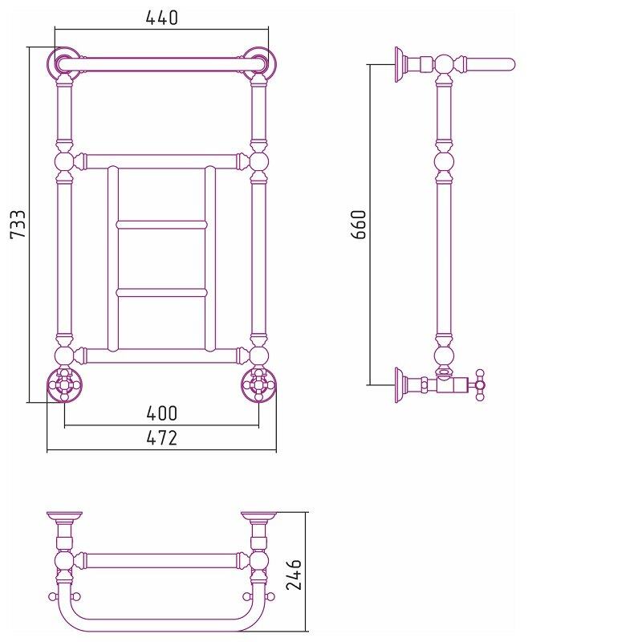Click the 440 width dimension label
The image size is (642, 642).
tap(162, 18)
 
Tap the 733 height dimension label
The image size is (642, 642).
tap(18, 224)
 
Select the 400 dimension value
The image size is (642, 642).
tap(162, 413)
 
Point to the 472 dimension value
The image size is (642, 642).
tap(162, 438)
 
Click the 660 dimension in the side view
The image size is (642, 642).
tap(358, 224)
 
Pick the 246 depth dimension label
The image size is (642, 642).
tap(294, 575)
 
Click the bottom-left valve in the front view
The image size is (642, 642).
tap(64, 385)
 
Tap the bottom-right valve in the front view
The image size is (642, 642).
tap(258, 385)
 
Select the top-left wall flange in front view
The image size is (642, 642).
tap(63, 63)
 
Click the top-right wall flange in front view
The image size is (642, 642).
tap(260, 63)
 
